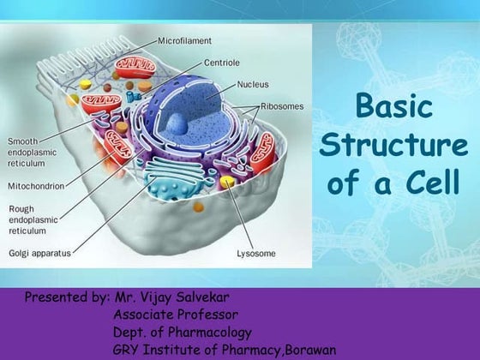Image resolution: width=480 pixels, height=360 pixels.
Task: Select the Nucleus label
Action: pos(255,86)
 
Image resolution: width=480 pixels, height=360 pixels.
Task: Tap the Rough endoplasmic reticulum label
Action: pos(31,219)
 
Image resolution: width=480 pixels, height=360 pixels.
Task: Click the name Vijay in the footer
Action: pos(171,298)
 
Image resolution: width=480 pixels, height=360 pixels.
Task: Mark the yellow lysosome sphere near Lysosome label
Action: pos(228,183)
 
